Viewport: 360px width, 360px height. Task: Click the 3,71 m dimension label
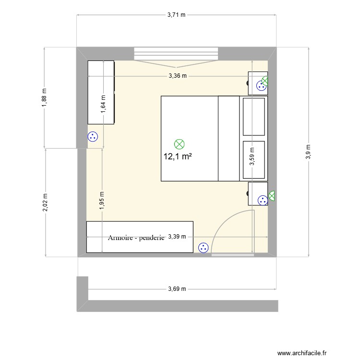pyautogui.click(x=176, y=15)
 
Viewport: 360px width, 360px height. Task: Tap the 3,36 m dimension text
pyautogui.click(x=177, y=76)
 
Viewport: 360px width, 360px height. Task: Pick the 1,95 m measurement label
pyautogui.click(x=102, y=200)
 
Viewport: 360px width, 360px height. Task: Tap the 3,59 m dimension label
pyautogui.click(x=251, y=156)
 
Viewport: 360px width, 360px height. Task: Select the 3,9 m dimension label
pyautogui.click(x=308, y=152)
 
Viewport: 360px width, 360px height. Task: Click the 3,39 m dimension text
pyautogui.click(x=178, y=237)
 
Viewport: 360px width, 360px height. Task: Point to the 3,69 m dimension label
pyautogui.click(x=177, y=289)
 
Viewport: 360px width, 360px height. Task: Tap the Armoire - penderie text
pyautogui.click(x=136, y=238)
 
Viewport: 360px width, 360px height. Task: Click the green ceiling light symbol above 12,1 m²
pyautogui.click(x=179, y=143)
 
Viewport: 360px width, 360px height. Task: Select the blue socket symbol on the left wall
pyautogui.click(x=93, y=137)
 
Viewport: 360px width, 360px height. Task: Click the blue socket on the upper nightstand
pyautogui.click(x=261, y=86)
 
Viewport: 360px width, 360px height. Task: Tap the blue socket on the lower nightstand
pyautogui.click(x=262, y=201)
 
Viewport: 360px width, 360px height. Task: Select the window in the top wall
pyautogui.click(x=176, y=53)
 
